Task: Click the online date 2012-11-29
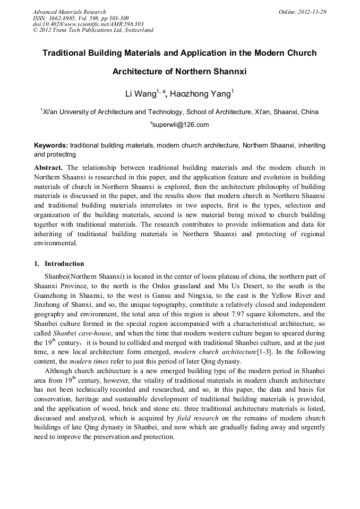click(x=312, y=12)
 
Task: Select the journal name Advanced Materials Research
click(x=69, y=12)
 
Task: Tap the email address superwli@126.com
click(x=181, y=125)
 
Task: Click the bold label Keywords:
click(x=51, y=145)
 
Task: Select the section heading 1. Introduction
click(x=59, y=264)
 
